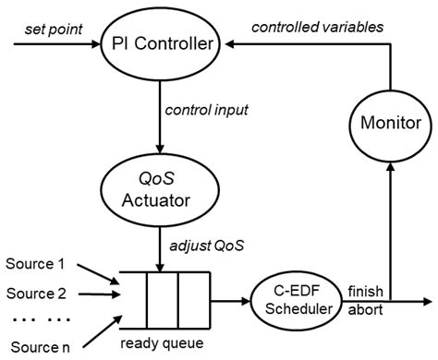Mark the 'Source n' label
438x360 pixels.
coord(39,348)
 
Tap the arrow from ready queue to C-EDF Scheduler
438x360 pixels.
coord(231,301)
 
